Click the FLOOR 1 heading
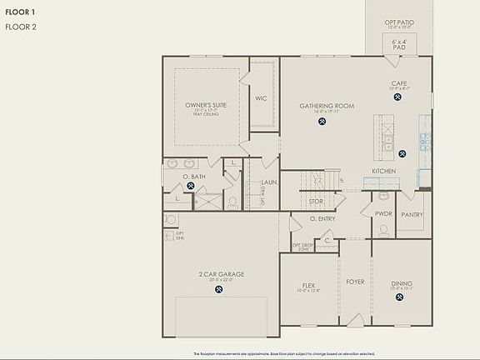[x=21, y=12]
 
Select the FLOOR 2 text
[x=21, y=27]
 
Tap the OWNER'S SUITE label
[x=201, y=105]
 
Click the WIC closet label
[x=260, y=98]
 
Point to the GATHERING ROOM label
[x=321, y=106]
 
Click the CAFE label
[x=398, y=83]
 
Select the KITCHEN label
[x=384, y=171]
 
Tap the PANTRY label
[x=412, y=214]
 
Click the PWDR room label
[x=383, y=213]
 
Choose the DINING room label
[x=402, y=283]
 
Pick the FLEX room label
[x=308, y=283]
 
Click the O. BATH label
[x=193, y=177]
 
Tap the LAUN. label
[x=269, y=182]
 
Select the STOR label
[x=316, y=201]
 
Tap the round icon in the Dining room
[x=401, y=299]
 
